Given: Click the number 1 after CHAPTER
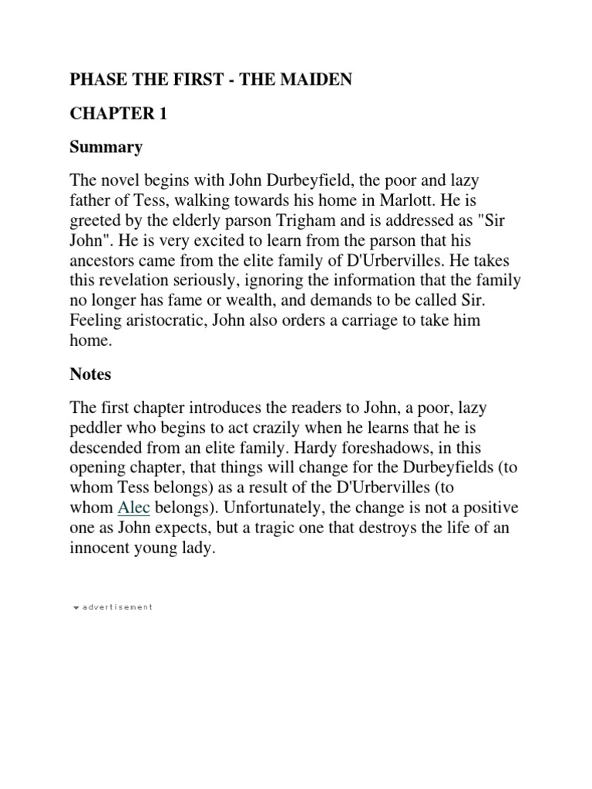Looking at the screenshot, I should point(162,113).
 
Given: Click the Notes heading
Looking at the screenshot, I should point(90,374).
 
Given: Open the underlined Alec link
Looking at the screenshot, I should point(133,508).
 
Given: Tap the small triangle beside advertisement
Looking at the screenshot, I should point(75,607).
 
